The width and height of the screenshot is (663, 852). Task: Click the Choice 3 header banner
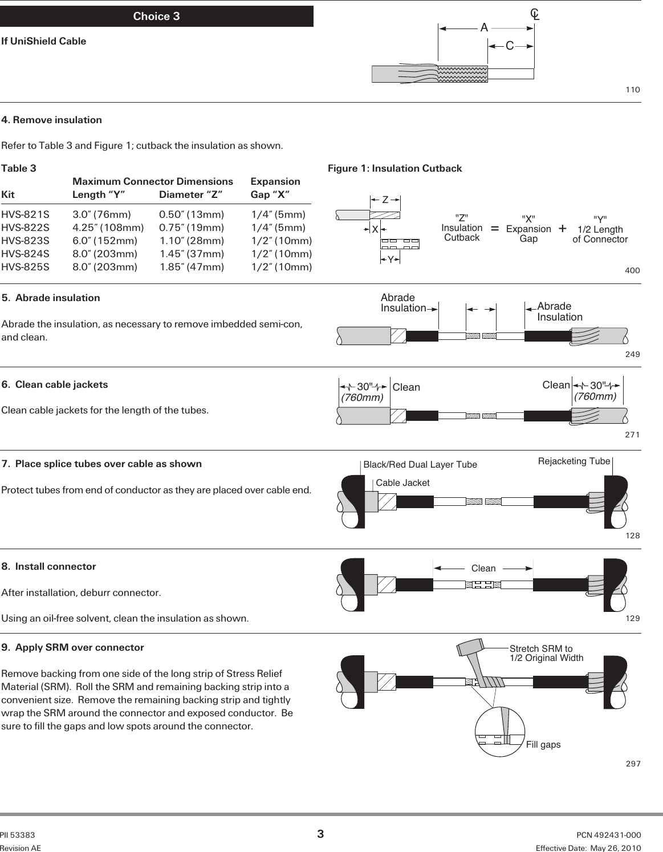tap(156, 17)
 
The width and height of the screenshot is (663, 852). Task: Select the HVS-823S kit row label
tap(25, 241)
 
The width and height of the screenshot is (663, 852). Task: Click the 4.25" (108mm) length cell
tap(108, 228)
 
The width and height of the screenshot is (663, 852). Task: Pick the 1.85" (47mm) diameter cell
tap(192, 267)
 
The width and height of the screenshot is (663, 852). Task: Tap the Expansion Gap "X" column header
tap(275, 188)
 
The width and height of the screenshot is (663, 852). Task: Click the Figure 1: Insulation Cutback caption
tap(394, 168)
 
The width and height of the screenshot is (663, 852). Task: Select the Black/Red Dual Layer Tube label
tap(420, 465)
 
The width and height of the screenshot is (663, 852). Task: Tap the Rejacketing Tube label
tap(574, 461)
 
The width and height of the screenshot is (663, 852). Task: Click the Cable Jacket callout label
tap(402, 483)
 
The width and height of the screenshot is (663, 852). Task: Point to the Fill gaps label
tap(543, 745)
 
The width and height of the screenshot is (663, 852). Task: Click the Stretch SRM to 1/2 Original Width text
tap(546, 653)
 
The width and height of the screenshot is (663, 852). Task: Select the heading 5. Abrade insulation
tap(51, 298)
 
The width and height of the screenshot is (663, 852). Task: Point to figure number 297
tap(633, 764)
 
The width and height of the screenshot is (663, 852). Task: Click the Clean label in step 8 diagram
tap(483, 569)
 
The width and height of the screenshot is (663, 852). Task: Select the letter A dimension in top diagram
tap(484, 27)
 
